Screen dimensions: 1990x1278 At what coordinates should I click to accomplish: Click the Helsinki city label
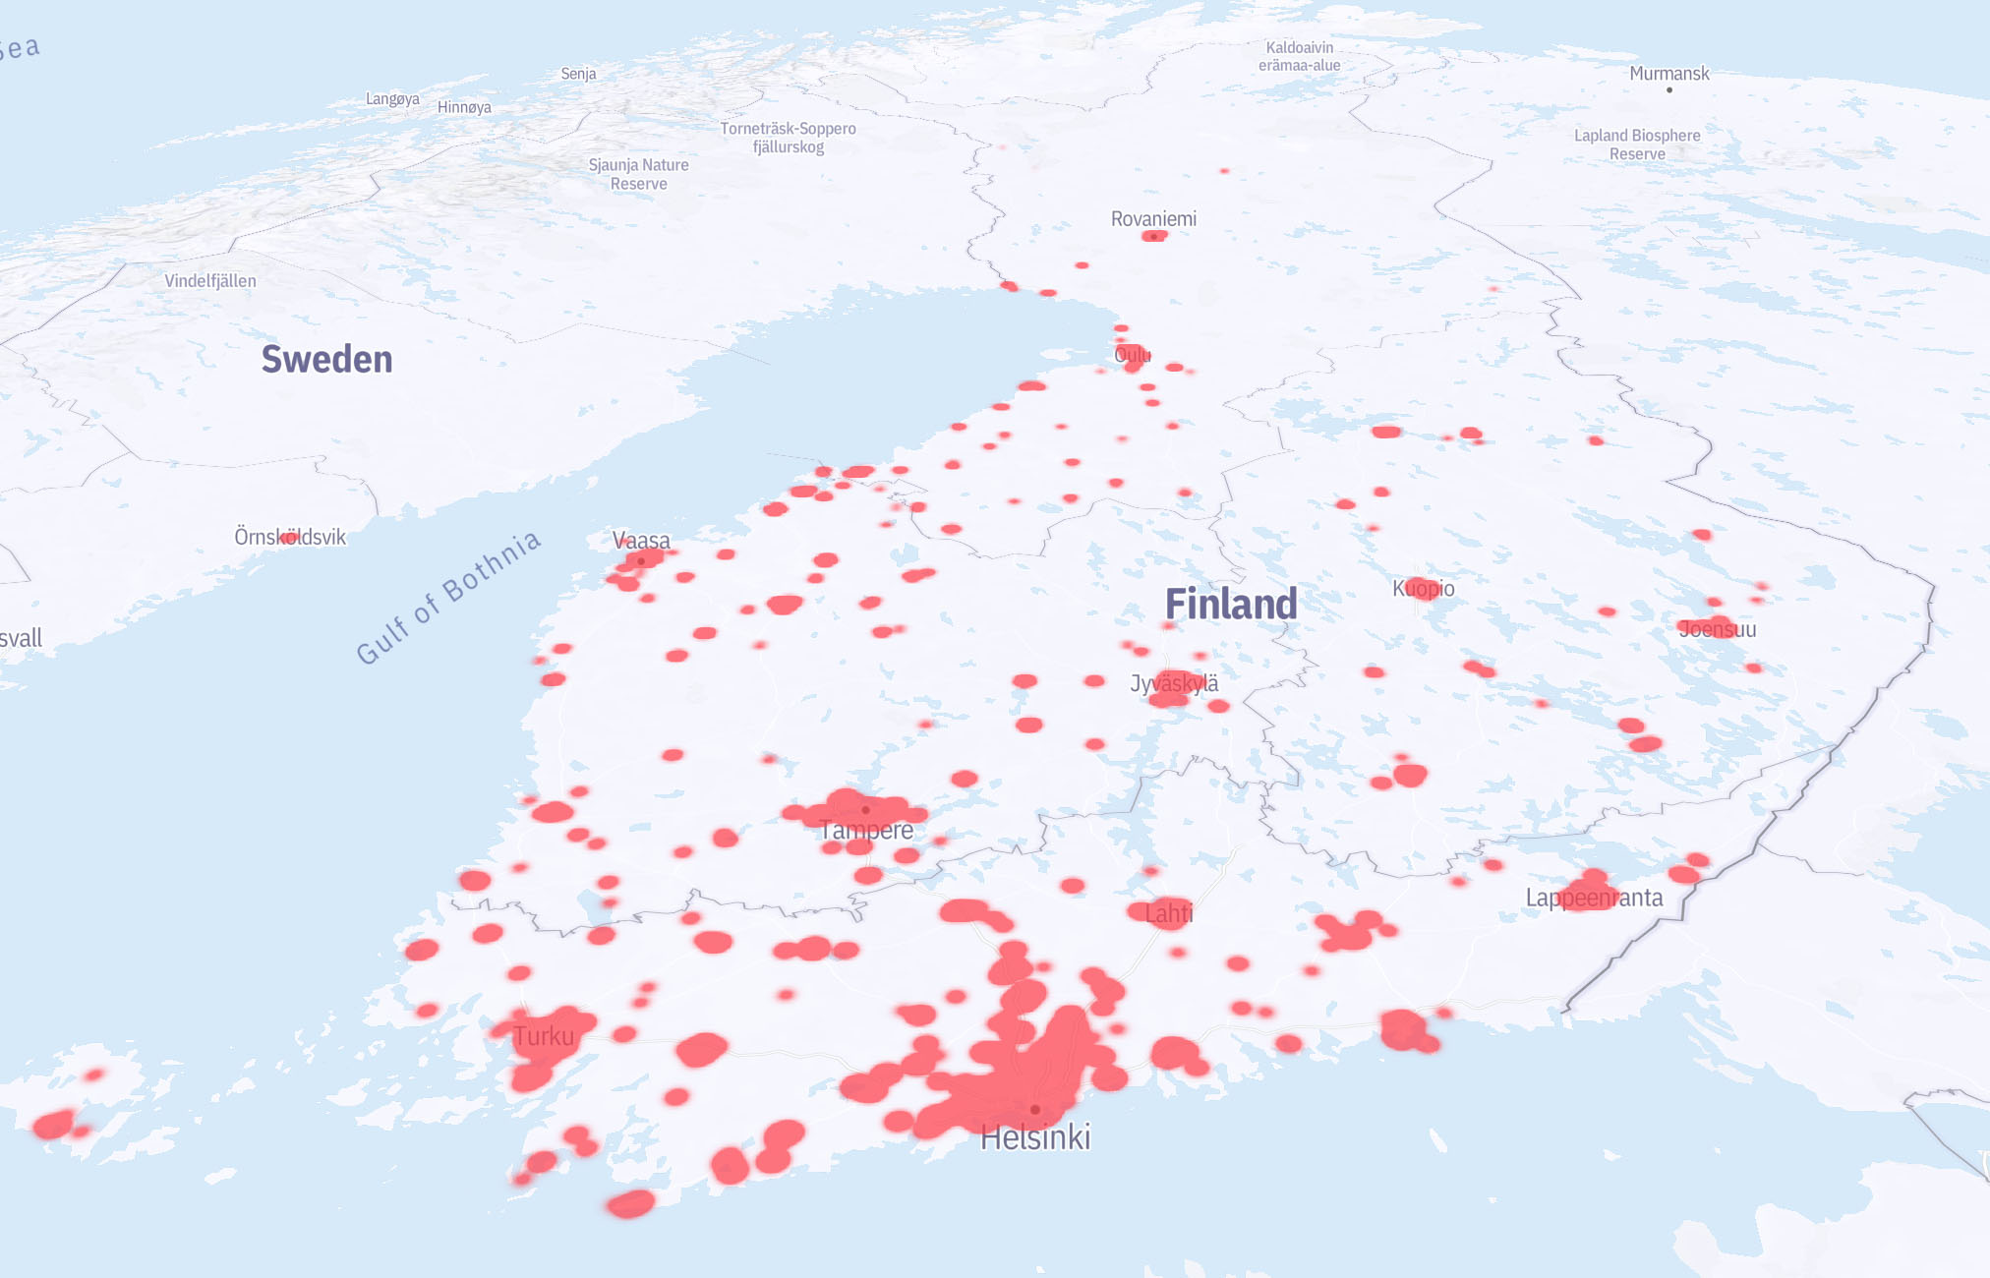[x=1035, y=1137]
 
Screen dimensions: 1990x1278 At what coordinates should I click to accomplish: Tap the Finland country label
[x=1231, y=604]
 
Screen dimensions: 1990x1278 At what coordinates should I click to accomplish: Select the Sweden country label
[x=326, y=360]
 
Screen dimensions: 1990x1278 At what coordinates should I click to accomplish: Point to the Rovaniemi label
[x=1153, y=218]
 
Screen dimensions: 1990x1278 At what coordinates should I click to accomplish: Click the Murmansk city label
[x=1668, y=74]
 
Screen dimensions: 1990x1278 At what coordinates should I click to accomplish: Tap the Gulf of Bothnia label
[x=448, y=597]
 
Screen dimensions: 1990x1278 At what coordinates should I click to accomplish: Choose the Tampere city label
[x=866, y=831]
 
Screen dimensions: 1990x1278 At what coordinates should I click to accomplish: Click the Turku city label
[x=544, y=1036]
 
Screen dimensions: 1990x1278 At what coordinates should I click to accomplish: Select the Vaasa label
[x=641, y=540]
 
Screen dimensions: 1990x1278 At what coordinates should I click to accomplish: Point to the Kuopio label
[x=1423, y=588]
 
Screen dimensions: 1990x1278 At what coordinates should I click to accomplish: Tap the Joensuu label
[x=1717, y=629]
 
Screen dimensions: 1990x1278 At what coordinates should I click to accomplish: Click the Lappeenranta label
[x=1594, y=898]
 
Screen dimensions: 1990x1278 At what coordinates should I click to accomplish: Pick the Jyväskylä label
[x=1174, y=683]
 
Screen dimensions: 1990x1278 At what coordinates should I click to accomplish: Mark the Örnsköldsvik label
[x=290, y=537]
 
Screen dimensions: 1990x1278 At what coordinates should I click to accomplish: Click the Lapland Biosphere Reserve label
[x=1637, y=145]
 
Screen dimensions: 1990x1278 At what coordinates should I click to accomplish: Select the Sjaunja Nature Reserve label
[x=638, y=174]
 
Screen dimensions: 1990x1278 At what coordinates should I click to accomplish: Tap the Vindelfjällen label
[x=210, y=281]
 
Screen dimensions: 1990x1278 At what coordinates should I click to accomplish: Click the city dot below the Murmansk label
[x=1669, y=90]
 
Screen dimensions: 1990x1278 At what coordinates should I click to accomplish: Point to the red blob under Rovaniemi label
[x=1154, y=236]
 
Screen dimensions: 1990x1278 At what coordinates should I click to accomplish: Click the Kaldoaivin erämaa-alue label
[x=1299, y=56]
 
